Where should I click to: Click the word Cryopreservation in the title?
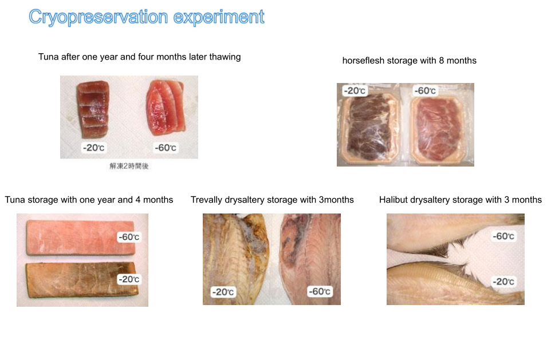[x=99, y=17]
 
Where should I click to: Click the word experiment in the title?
[x=219, y=17]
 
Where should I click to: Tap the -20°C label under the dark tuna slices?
[x=93, y=148]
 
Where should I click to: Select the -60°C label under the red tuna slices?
[x=166, y=148]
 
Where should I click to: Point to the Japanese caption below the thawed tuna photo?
[x=129, y=166]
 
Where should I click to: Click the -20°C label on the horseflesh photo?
[x=355, y=90]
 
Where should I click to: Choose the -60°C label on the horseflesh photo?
[x=425, y=90]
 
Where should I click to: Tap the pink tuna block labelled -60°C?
[x=80, y=238]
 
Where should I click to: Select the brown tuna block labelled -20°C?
[x=81, y=280]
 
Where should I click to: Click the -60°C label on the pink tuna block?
[x=129, y=237]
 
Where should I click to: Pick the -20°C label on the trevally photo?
[x=223, y=292]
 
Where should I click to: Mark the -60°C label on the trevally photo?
[x=320, y=291]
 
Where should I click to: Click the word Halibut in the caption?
[x=393, y=200]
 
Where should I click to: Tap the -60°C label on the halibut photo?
[x=503, y=236]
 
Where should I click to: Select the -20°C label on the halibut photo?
[x=503, y=281]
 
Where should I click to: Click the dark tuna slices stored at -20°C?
[x=93, y=109]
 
